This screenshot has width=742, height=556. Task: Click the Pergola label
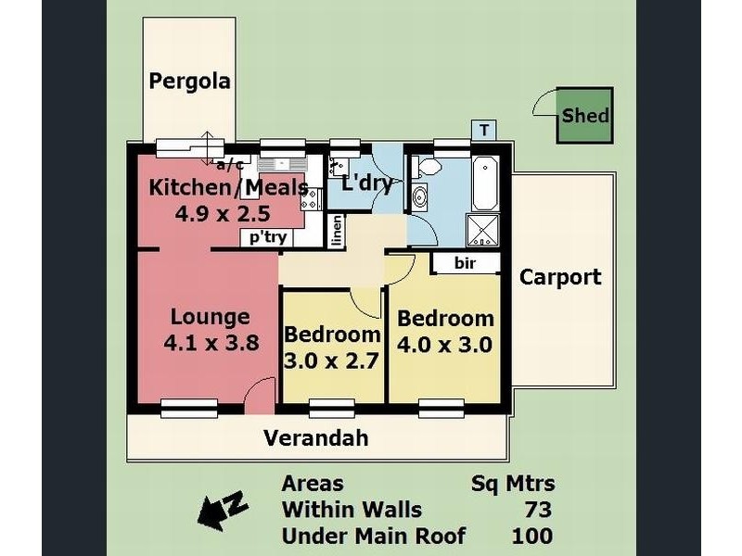click(189, 82)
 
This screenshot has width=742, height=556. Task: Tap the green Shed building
click(585, 115)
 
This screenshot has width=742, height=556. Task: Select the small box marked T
click(484, 130)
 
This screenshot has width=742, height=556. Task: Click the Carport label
click(560, 277)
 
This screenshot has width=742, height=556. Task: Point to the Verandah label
click(315, 437)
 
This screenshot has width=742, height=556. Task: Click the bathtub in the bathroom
click(485, 183)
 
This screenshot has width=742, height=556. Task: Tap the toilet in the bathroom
click(427, 167)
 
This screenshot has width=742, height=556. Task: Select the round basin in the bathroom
click(419, 196)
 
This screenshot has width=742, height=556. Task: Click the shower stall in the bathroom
click(483, 230)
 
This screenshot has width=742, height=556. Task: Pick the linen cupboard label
click(337, 231)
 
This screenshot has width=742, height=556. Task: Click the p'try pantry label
click(268, 237)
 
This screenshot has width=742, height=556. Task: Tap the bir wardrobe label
click(465, 263)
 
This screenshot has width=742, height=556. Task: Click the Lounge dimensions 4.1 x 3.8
click(211, 342)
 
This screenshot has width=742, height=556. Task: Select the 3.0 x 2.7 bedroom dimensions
click(331, 361)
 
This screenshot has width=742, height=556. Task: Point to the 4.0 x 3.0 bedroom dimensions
click(445, 345)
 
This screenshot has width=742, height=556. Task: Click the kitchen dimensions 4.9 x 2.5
click(223, 214)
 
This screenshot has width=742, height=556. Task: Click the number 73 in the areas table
click(538, 510)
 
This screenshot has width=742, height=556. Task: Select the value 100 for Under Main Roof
click(532, 537)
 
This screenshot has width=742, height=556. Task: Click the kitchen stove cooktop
click(312, 199)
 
